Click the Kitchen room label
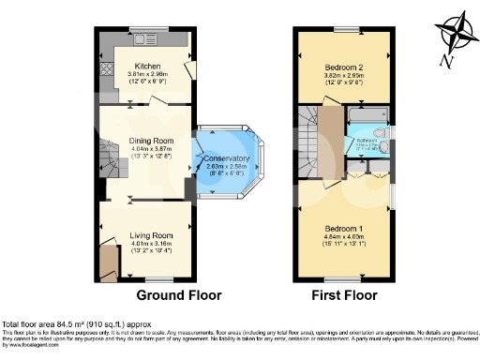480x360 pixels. click(x=146, y=66)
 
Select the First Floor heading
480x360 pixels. click(x=345, y=294)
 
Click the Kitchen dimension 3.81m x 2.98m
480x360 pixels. click(x=146, y=74)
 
